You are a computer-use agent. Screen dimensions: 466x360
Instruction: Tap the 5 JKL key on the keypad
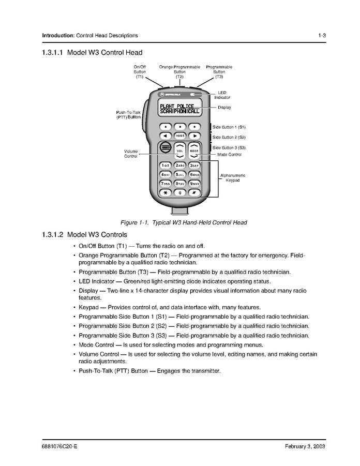point(179,174)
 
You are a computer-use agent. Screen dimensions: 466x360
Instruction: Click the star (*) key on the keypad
point(165,192)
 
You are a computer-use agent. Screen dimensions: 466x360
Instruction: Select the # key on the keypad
point(194,192)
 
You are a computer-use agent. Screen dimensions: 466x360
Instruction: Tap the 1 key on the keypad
point(165,165)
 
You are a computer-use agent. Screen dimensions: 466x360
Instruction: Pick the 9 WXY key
point(194,183)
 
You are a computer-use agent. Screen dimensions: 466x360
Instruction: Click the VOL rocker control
point(179,150)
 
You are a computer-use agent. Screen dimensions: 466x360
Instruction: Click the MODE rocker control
point(194,150)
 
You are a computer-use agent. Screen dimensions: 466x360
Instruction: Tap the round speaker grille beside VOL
point(165,148)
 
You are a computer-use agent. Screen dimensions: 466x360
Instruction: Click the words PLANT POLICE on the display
point(177,106)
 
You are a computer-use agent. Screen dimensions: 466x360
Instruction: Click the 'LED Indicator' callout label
point(222,95)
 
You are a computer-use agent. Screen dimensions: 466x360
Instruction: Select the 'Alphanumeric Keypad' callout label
point(233,178)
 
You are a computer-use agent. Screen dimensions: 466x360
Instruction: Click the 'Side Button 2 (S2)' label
point(229,138)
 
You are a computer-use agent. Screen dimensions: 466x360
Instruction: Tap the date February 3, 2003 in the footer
point(305,446)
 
